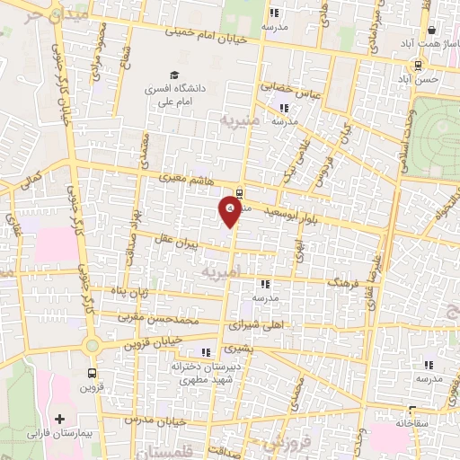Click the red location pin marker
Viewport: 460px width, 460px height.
230,210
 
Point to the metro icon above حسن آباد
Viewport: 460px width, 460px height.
418,65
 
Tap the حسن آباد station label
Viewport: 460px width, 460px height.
421,79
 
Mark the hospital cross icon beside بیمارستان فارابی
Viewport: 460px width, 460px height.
60,418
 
